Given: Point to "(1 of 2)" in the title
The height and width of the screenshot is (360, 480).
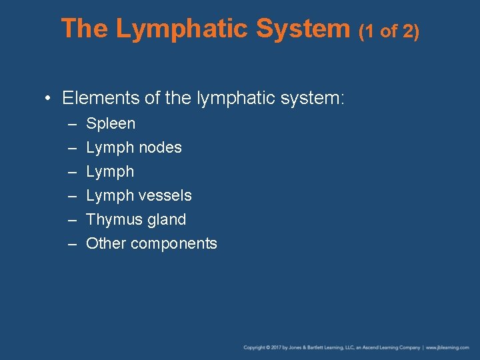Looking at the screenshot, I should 389,31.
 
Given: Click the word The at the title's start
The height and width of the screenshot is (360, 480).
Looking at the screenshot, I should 85,29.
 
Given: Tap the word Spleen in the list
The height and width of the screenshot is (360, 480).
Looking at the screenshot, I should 111,124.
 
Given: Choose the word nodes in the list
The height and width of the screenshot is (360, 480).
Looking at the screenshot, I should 160,147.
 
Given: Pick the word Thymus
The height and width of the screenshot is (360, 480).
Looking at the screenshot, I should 111,219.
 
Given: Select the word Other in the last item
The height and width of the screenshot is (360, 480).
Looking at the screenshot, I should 106,243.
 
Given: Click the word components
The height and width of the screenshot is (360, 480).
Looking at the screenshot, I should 174,244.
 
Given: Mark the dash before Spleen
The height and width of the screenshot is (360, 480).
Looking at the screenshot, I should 71,124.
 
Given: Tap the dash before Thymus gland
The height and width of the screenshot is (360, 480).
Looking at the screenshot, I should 71,220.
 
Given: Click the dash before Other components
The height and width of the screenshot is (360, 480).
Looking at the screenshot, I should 71,244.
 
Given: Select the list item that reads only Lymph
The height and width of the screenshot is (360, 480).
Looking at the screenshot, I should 110,172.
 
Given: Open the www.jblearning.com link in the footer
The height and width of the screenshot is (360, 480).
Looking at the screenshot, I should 448,347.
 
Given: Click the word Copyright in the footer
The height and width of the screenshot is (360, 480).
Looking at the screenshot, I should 255,347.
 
